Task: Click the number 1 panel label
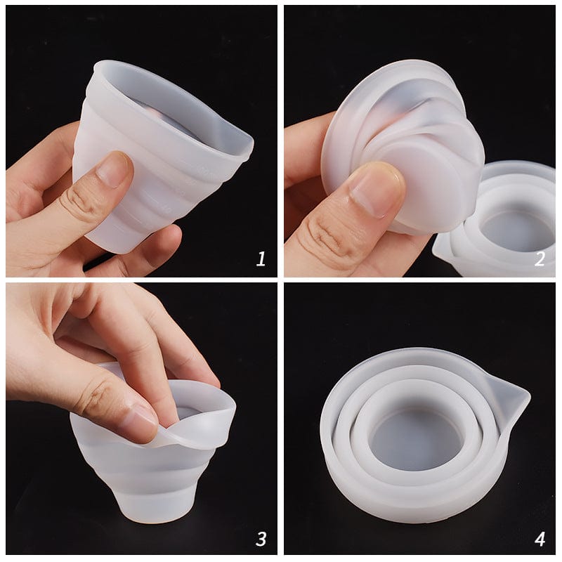click(x=261, y=259)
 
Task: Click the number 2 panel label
click(x=539, y=259)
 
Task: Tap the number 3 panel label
click(x=261, y=539)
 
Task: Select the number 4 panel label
click(x=539, y=539)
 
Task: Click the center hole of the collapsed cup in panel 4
click(x=418, y=440)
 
